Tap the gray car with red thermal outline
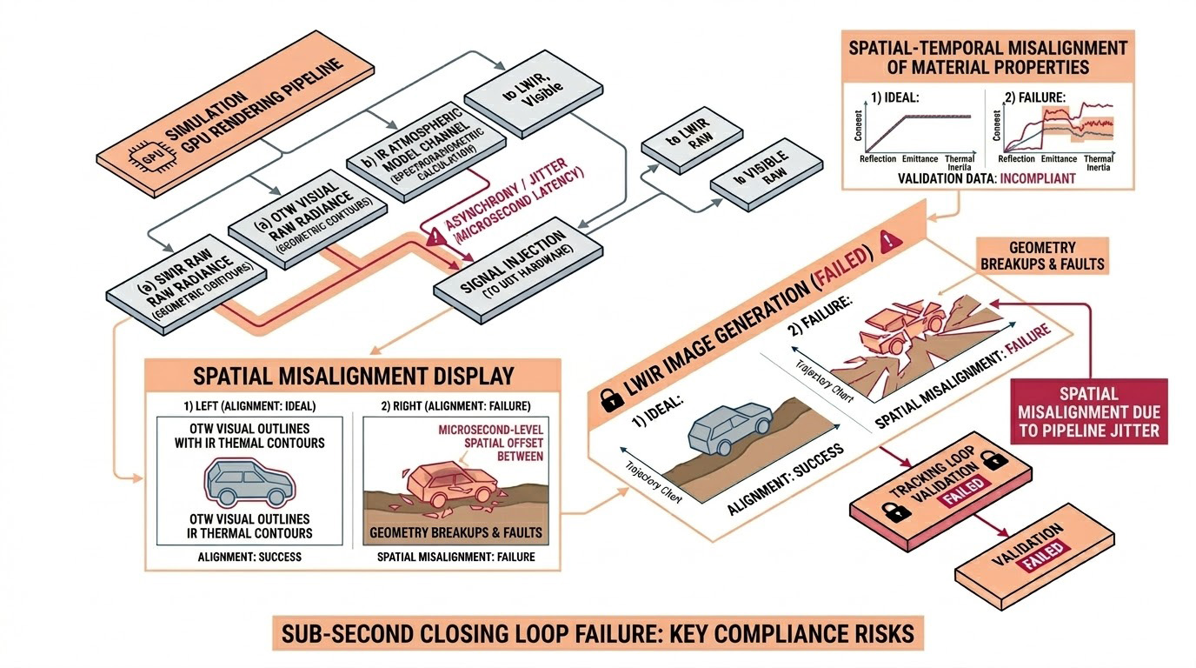tap(247, 482)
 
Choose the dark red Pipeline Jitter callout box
tap(1089, 412)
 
